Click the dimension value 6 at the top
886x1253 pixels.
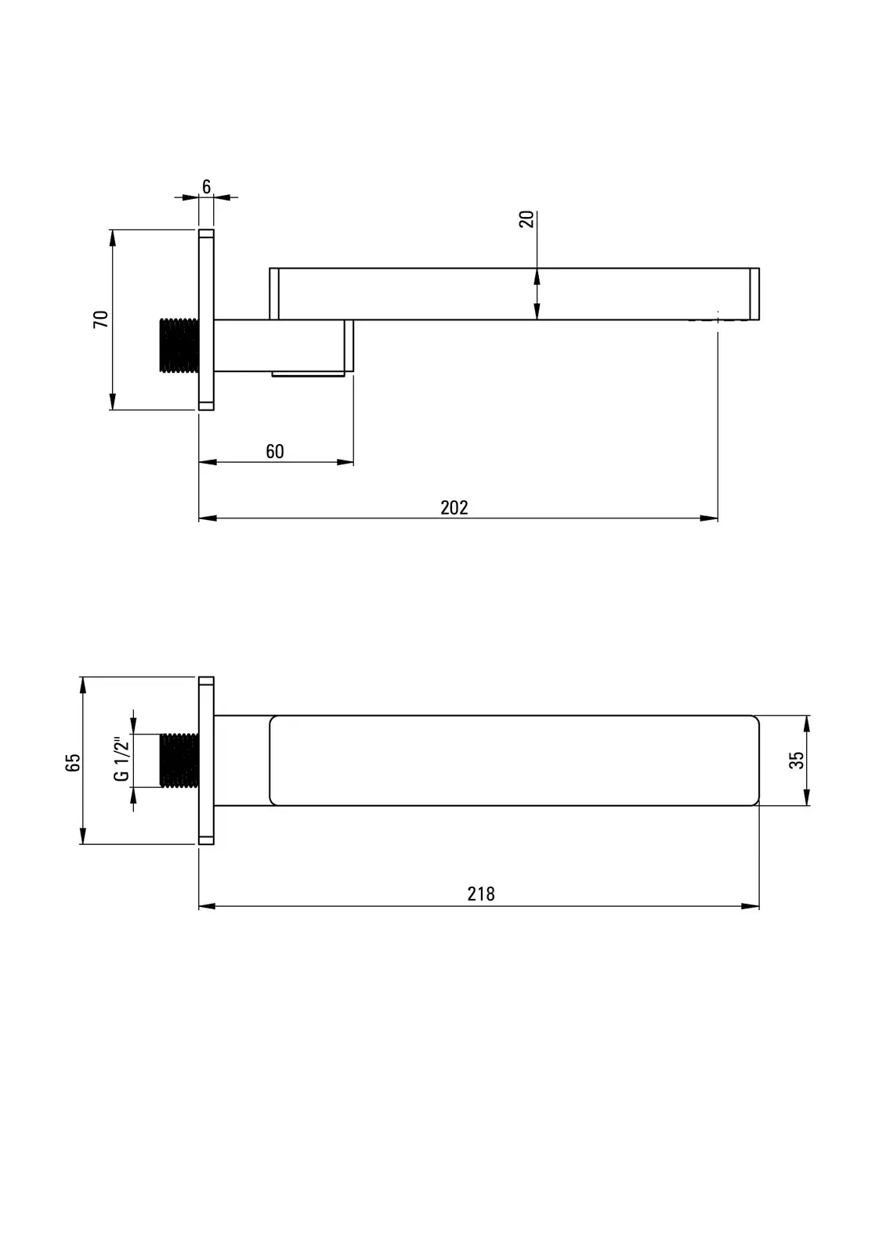[x=207, y=186]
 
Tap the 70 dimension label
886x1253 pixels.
[x=101, y=319]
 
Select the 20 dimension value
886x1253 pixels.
[x=526, y=218]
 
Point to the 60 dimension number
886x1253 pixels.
[x=275, y=451]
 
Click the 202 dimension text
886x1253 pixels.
[x=454, y=507]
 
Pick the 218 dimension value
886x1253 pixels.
[x=481, y=894]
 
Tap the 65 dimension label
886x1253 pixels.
[x=73, y=763]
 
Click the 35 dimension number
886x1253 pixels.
[x=796, y=760]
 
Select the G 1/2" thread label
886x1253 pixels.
[x=121, y=759]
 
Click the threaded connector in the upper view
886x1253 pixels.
[x=179, y=345]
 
